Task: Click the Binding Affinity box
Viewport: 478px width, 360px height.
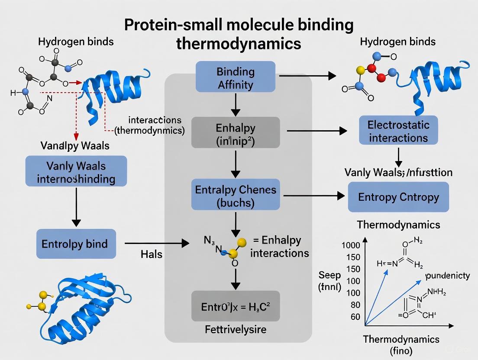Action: [235, 77]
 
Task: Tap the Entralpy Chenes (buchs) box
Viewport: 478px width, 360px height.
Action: [235, 195]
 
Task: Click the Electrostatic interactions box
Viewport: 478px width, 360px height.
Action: [398, 132]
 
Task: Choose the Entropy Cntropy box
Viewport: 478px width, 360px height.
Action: [398, 197]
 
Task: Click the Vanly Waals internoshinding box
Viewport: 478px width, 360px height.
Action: [76, 172]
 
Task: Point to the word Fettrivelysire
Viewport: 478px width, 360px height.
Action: [235, 330]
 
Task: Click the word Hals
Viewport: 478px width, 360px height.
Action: [152, 254]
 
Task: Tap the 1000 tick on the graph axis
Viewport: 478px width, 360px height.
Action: [351, 245]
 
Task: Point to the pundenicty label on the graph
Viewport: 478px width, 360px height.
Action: [447, 276]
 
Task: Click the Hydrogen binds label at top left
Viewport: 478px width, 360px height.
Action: [76, 42]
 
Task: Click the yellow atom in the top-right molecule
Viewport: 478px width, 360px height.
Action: [358, 70]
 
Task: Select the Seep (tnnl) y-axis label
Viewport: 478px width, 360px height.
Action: [330, 280]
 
